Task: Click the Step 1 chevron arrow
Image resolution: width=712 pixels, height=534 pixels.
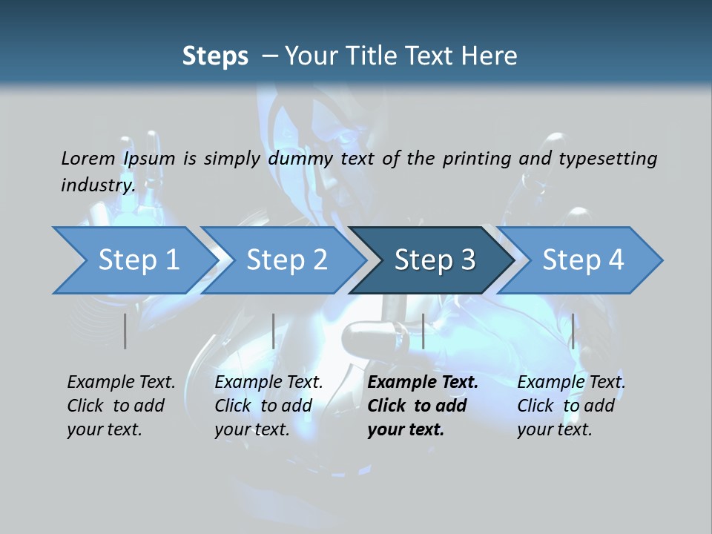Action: (133, 260)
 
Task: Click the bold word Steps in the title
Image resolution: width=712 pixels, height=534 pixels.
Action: (215, 56)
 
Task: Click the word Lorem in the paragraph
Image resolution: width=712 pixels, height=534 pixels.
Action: (88, 158)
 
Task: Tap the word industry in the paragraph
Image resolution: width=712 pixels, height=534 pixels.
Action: (98, 185)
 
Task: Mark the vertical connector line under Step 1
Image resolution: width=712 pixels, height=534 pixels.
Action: (125, 331)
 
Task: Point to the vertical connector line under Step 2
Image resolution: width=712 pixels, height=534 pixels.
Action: (274, 331)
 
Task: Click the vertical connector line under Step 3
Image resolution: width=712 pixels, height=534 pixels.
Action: (423, 331)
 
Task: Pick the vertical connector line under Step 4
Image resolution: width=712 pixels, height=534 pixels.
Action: (573, 331)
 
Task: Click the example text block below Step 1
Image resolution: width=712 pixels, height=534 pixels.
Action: (121, 406)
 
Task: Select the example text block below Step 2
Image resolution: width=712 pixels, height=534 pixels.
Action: (268, 406)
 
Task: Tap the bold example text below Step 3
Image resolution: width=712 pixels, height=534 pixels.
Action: (423, 406)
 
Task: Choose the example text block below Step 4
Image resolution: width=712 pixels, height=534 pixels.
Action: (571, 406)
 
